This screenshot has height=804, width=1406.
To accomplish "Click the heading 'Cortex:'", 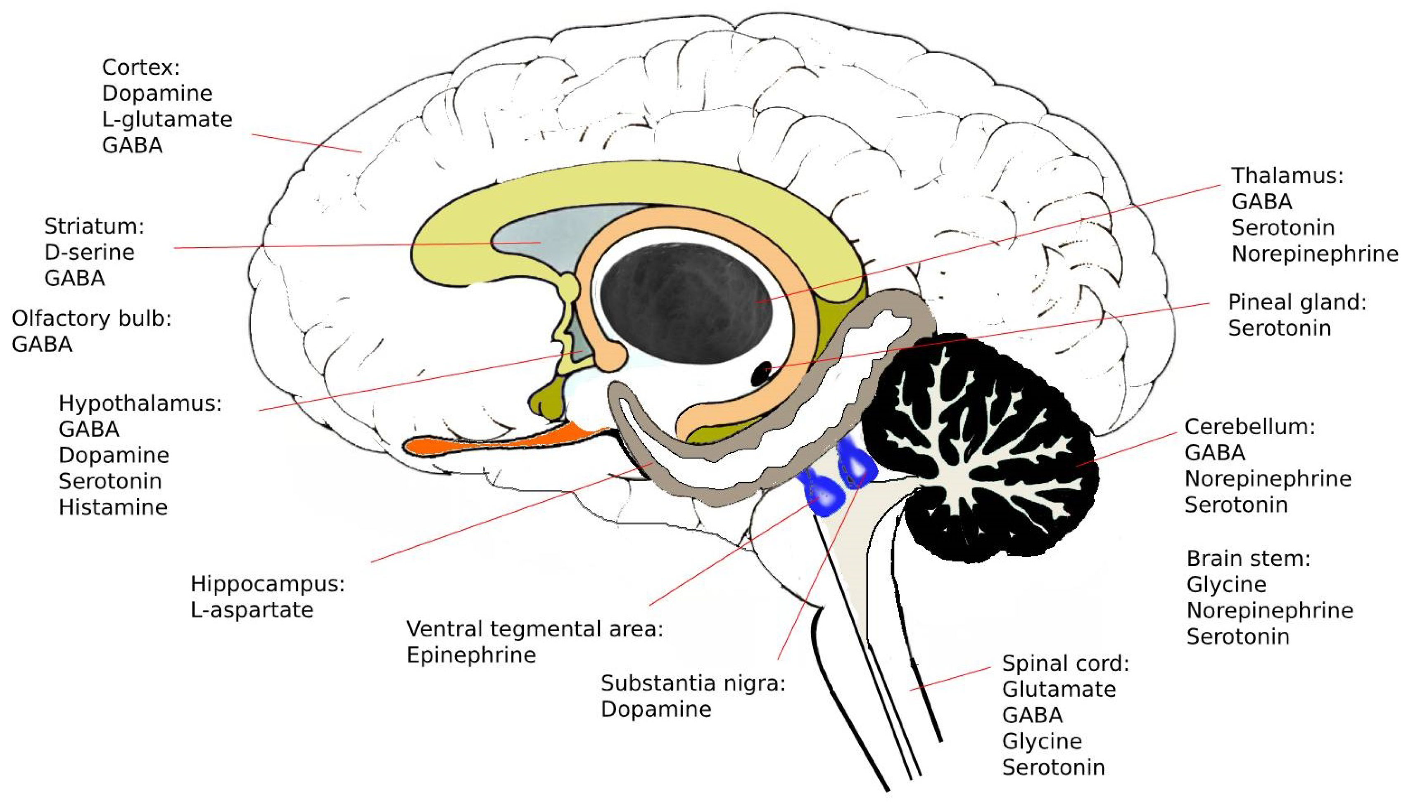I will [x=141, y=67].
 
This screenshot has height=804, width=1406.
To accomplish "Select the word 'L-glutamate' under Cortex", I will [x=167, y=119].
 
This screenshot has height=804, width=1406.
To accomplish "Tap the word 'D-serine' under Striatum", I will [x=90, y=252].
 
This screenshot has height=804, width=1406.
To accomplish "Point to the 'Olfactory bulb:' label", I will [x=91, y=319].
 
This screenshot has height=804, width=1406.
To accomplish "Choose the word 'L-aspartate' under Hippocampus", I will [x=252, y=610].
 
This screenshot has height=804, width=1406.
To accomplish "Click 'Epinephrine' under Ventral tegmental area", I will [x=471, y=655].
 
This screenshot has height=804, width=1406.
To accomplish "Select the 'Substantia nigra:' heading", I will [x=693, y=683].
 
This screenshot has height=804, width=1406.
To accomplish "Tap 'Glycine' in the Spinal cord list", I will [x=1041, y=742].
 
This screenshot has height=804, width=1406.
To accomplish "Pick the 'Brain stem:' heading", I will [x=1248, y=559].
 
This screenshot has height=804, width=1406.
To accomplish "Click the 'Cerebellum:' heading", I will [x=1249, y=427].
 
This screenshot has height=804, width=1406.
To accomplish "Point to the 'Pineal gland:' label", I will [x=1297, y=303].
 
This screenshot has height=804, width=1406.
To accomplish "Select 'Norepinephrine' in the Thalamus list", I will [x=1314, y=254].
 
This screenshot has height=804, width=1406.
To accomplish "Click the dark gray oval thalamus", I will [x=685, y=304].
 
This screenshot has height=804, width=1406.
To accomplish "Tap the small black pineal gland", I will [x=762, y=374].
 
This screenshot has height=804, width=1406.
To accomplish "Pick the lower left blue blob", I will [x=825, y=495].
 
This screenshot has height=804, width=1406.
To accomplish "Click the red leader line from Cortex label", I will [x=306, y=143].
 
